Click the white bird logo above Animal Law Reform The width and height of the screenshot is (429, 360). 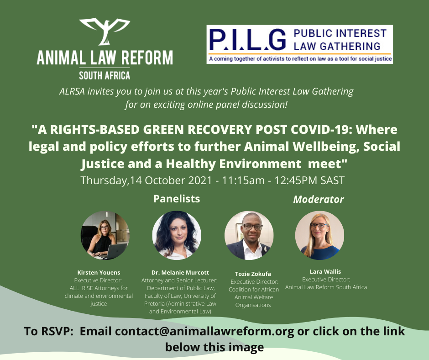[x=105, y=31]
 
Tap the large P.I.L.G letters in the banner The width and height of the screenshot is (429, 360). [x=248, y=40]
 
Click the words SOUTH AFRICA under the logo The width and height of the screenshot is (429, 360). [x=105, y=75]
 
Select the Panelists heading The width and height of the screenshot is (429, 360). [x=177, y=199]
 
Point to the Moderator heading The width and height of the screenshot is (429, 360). [x=319, y=200]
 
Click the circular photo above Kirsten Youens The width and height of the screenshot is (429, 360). [x=105, y=235]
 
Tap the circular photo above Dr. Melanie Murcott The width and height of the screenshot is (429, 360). [x=177, y=235]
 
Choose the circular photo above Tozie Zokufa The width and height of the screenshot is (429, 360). [x=249, y=235]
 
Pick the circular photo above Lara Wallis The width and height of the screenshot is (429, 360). [x=319, y=235]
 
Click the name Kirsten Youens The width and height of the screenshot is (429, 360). [x=99, y=273]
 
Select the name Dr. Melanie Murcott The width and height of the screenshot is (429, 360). [x=180, y=273]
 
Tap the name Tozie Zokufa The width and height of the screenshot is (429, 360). [x=253, y=274]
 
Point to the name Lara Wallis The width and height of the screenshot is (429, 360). [x=325, y=271]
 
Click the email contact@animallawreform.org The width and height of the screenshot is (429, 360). [x=204, y=331]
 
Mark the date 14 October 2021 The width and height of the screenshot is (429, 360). [x=171, y=180]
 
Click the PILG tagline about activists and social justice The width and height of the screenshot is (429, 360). [x=300, y=59]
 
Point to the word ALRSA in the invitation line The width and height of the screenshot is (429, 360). [x=72, y=91]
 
